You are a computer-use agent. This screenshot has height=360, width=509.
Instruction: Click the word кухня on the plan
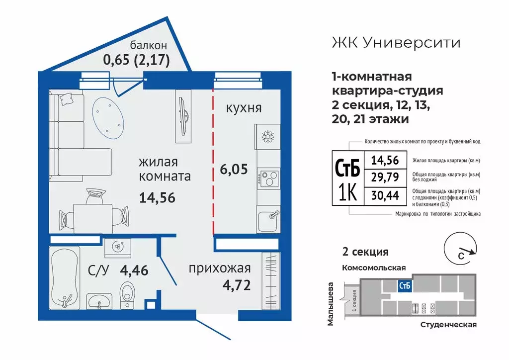click(x=244, y=108)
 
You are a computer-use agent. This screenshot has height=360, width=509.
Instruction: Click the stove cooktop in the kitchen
click(x=269, y=179)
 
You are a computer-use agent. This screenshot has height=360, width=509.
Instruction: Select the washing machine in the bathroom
click(x=118, y=246)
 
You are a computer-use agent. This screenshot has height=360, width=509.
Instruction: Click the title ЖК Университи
click(x=396, y=43)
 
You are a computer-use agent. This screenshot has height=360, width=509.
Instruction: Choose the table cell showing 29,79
click(x=386, y=178)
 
